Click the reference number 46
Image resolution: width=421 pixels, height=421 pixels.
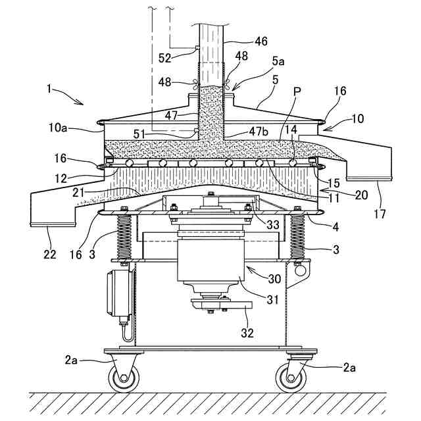coord(261,41)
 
